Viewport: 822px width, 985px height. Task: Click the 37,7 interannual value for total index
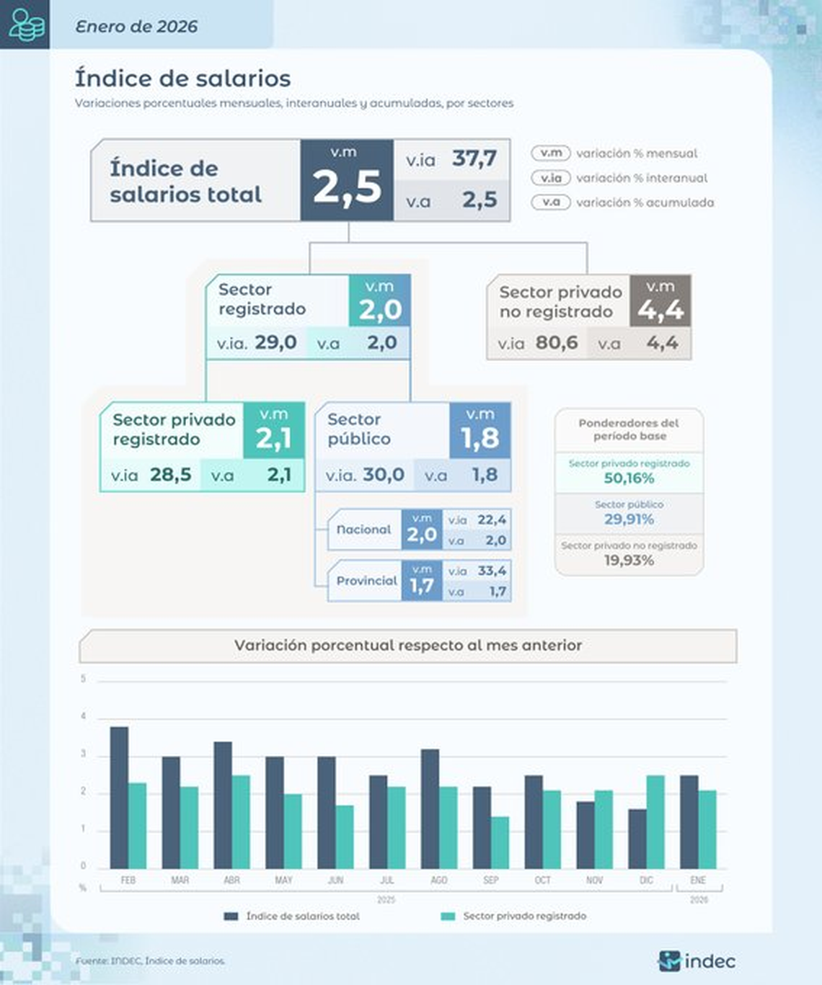coord(474,159)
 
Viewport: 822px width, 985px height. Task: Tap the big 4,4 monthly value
coord(660,310)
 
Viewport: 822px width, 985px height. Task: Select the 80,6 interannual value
coord(557,342)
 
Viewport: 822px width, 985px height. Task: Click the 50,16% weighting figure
coord(629,478)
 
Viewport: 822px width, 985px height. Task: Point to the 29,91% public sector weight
coord(629,520)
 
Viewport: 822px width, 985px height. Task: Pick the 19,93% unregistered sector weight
coord(629,561)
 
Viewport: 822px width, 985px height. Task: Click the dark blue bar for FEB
coord(119,797)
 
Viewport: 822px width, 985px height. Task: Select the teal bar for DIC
coord(655,821)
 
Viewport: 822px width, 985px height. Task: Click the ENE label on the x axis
coord(698,881)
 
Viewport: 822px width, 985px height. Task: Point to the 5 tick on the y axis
coord(83,679)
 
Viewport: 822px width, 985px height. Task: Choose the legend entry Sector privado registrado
coord(524,916)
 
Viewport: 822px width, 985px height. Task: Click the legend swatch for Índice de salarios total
coord(231,917)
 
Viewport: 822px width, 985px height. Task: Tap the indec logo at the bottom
coord(697,961)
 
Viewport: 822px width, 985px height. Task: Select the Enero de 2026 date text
coord(136,27)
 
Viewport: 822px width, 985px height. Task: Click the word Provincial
coord(366,581)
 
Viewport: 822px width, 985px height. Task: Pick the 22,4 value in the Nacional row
coord(492,520)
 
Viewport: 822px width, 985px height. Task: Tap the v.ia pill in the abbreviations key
coord(551,178)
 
